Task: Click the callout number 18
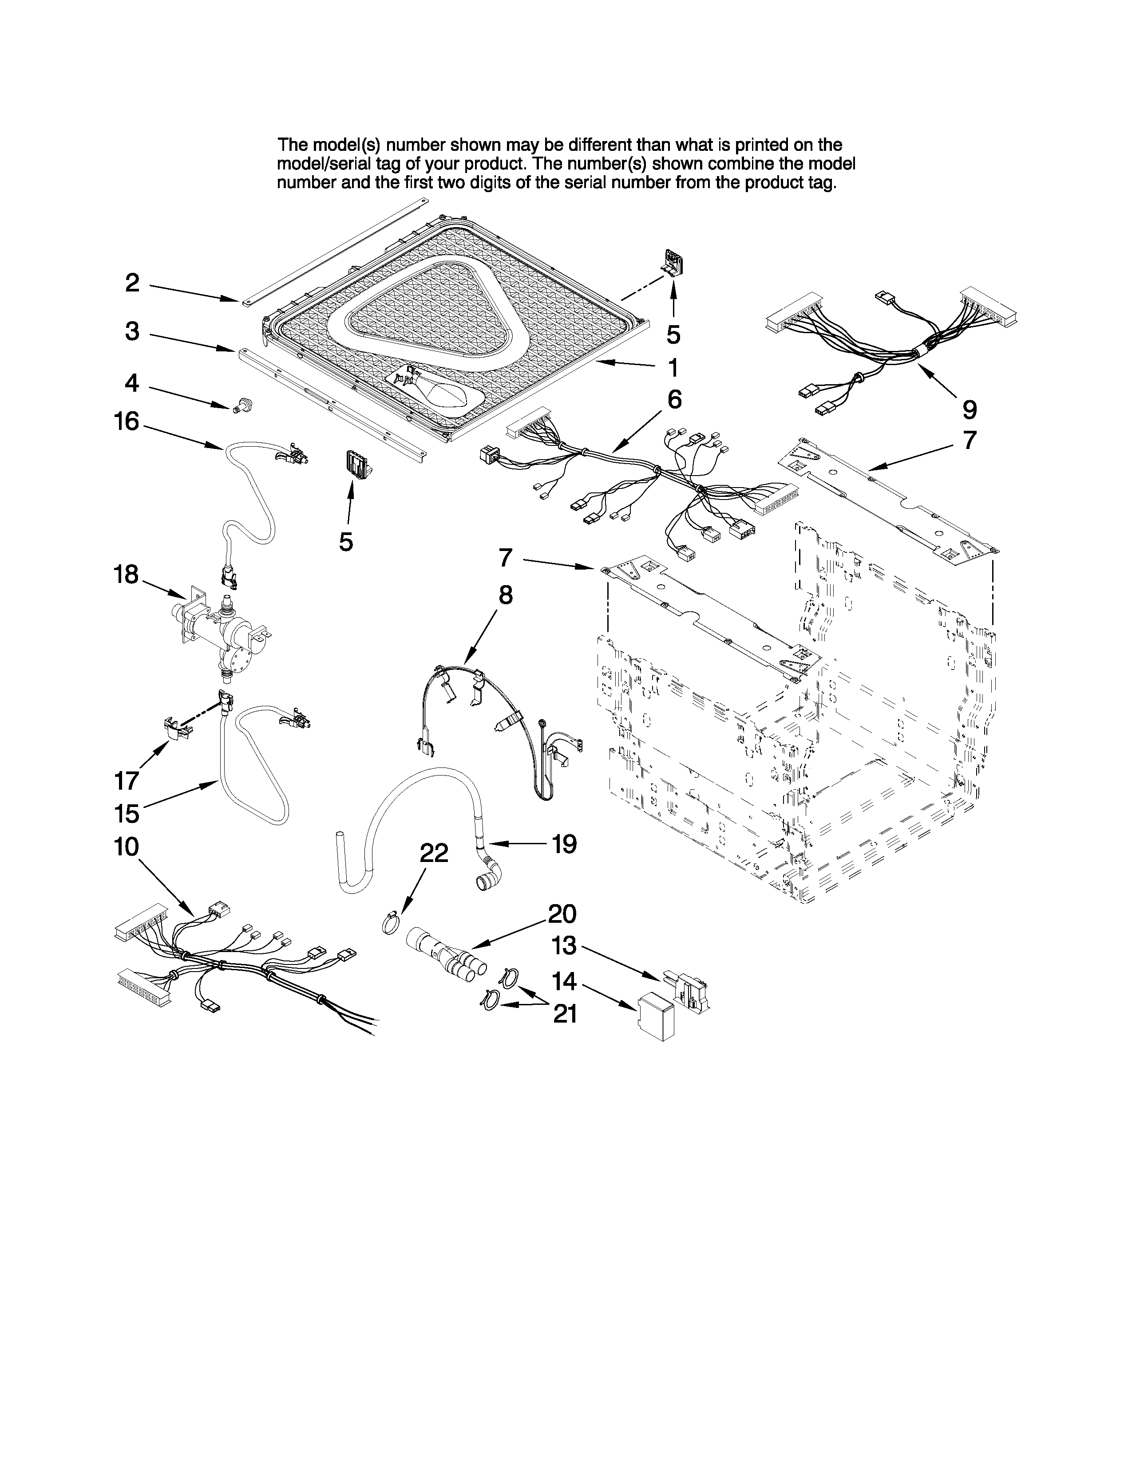pos(126,575)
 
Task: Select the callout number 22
pos(434,853)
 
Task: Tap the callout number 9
pos(970,409)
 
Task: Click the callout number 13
pos(563,946)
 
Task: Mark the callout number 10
pos(126,847)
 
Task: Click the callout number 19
pos(564,844)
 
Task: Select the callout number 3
pos(132,331)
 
